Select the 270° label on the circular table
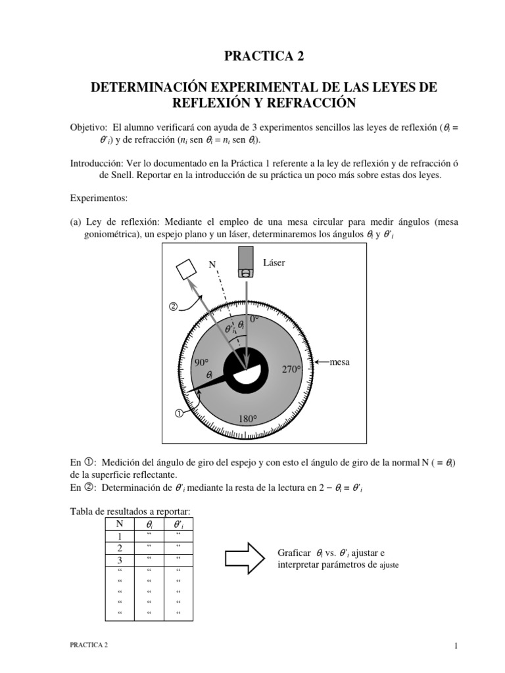click(x=291, y=369)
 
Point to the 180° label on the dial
click(x=247, y=419)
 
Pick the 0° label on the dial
click(x=254, y=319)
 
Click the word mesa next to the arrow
click(x=340, y=362)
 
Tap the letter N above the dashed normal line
click(x=212, y=264)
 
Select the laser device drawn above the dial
click(x=246, y=262)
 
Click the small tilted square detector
click(x=186, y=267)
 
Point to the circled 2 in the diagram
click(x=174, y=306)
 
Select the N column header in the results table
click(x=120, y=524)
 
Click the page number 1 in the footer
click(x=455, y=646)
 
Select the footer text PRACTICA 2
click(x=89, y=646)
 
